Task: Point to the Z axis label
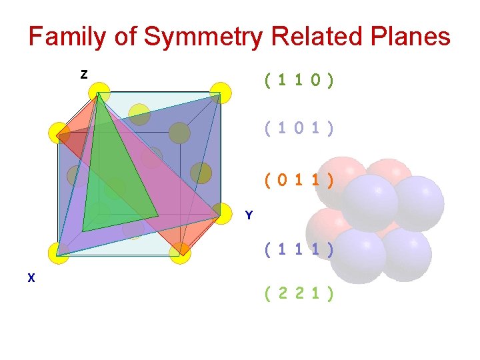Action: pos(83,75)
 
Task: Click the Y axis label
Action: pos(249,215)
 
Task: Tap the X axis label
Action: pos(31,279)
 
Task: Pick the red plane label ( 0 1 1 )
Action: pos(299,179)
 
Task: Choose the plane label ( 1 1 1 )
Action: pos(299,251)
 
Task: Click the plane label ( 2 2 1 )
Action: pos(299,293)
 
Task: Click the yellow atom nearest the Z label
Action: pos(99,92)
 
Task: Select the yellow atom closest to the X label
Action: pos(59,253)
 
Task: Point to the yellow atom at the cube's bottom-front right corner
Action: pos(180,253)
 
